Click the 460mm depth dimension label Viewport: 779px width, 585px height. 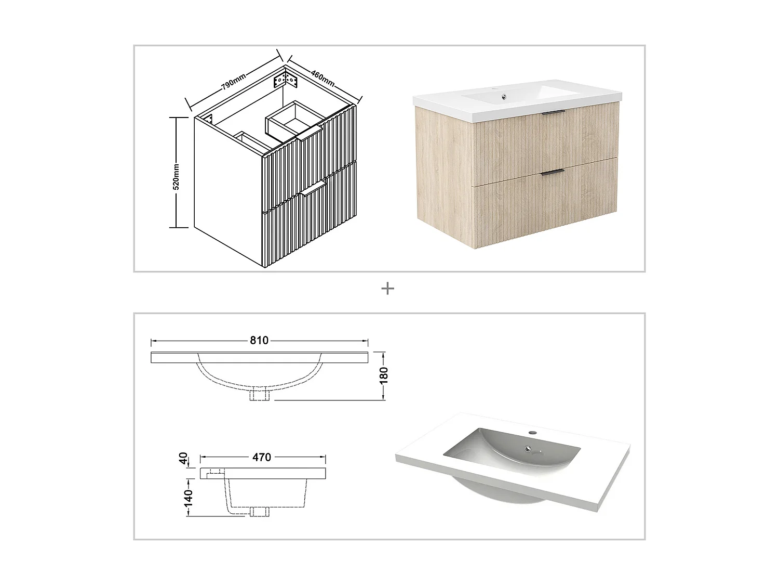pyautogui.click(x=323, y=76)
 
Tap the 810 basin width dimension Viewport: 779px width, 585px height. pyautogui.click(x=259, y=341)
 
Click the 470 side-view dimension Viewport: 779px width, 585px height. pyautogui.click(x=262, y=457)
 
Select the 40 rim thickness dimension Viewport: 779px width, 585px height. pyautogui.click(x=183, y=458)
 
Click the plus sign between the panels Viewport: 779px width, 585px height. pyautogui.click(x=387, y=289)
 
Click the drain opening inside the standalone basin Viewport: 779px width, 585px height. pyautogui.click(x=528, y=449)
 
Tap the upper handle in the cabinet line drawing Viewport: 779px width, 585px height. pyautogui.click(x=310, y=137)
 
